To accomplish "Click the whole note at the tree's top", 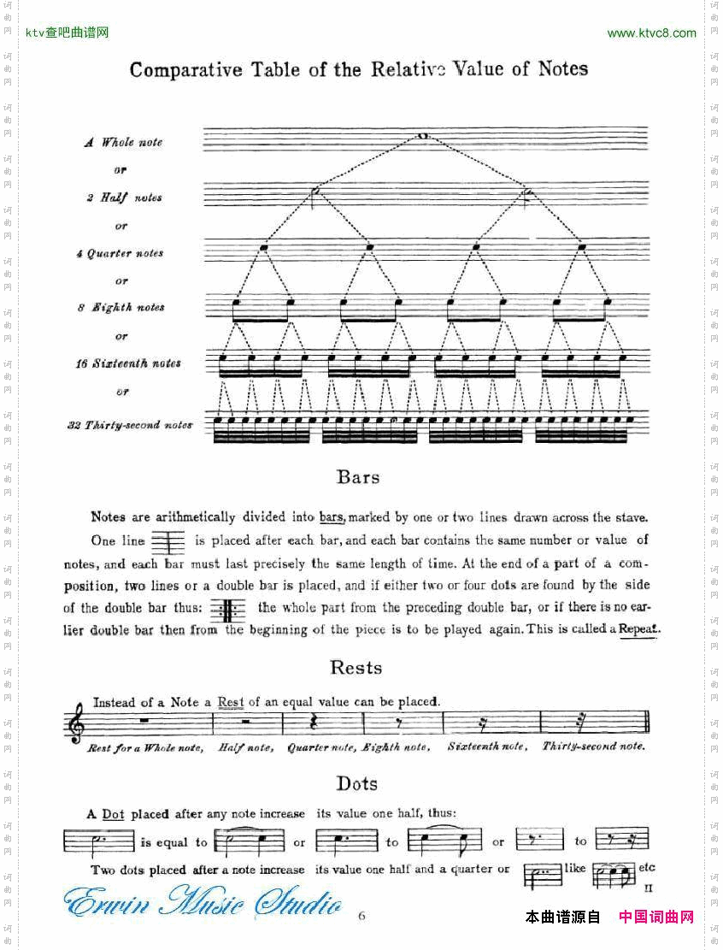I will pyautogui.click(x=422, y=136).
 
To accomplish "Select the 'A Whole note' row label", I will pyautogui.click(x=123, y=143).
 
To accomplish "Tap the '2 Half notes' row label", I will pyautogui.click(x=123, y=198).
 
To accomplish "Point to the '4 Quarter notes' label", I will pyautogui.click(x=120, y=253).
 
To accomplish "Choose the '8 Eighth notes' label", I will pyautogui.click(x=120, y=308).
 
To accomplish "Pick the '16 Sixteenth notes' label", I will pyautogui.click(x=127, y=363).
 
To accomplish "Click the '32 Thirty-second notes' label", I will pyautogui.click(x=130, y=425).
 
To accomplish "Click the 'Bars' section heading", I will pyautogui.click(x=358, y=477).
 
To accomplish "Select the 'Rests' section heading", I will pyautogui.click(x=356, y=668).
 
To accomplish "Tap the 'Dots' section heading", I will pyautogui.click(x=356, y=783).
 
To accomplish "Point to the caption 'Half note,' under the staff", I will pyautogui.click(x=245, y=747).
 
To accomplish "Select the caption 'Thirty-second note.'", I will pyautogui.click(x=593, y=746).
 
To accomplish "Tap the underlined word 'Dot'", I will pyautogui.click(x=113, y=815).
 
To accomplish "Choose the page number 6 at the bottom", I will pyautogui.click(x=361, y=916).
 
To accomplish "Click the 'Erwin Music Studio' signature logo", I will pyautogui.click(x=203, y=904).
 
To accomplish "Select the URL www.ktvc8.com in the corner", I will pyautogui.click(x=651, y=33).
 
